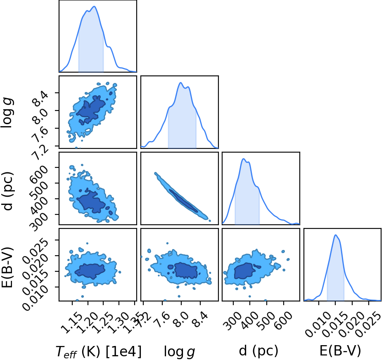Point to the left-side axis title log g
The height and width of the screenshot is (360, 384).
(x=7, y=112)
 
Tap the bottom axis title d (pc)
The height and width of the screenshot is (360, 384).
(x=258, y=351)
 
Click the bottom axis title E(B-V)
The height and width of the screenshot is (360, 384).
(x=340, y=351)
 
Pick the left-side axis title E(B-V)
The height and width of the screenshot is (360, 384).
(x=7, y=268)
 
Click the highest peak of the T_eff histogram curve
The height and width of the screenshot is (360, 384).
(x=95, y=6)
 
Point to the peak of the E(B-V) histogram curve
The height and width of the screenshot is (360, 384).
(x=336, y=235)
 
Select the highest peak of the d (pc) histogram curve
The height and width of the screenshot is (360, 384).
(x=244, y=159)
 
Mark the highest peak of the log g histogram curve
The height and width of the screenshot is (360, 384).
(x=180, y=82)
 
